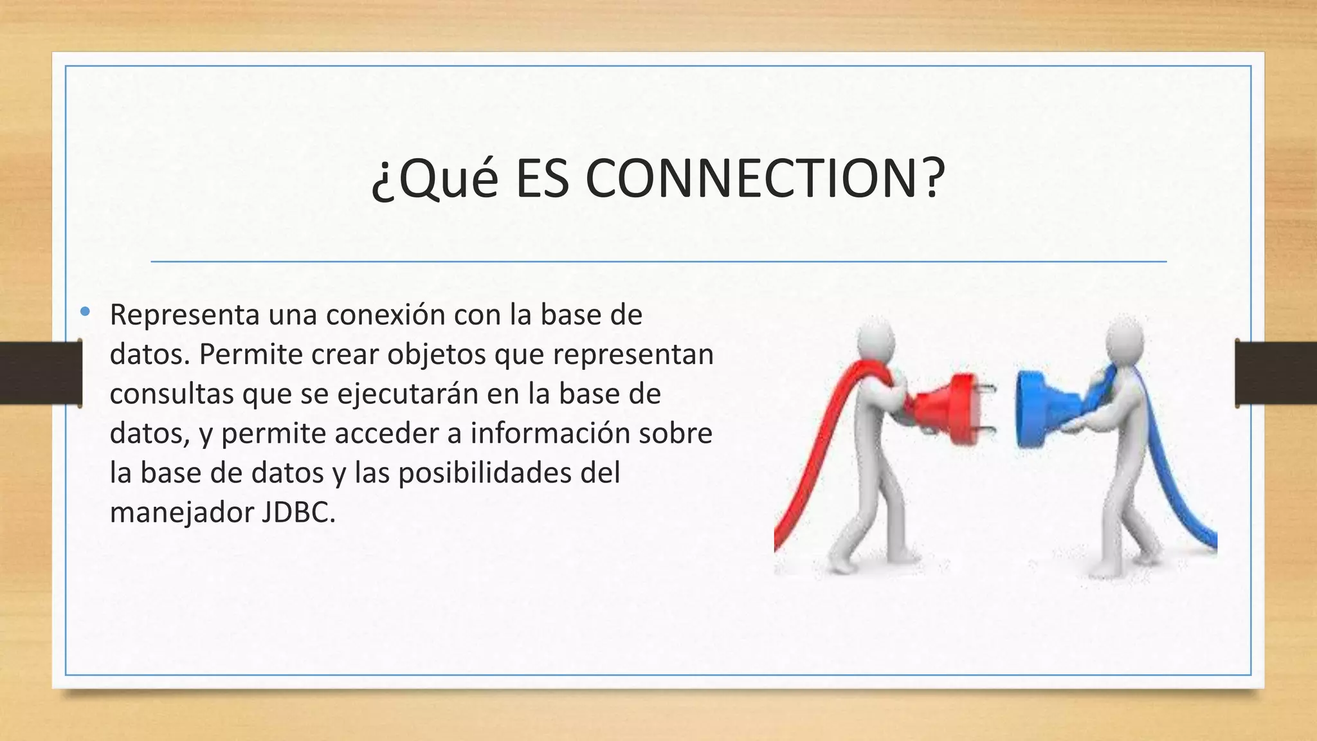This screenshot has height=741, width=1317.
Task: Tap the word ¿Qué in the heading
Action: click(435, 178)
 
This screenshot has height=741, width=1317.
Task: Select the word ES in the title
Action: click(541, 178)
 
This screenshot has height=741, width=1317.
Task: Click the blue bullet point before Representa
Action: click(85, 313)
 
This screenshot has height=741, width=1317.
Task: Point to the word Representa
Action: click(185, 315)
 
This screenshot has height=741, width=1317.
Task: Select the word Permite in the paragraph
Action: click(250, 354)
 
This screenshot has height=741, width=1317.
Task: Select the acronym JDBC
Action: click(298, 513)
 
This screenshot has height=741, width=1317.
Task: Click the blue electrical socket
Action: click(1039, 409)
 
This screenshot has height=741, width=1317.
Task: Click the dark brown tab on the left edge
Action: click(41, 373)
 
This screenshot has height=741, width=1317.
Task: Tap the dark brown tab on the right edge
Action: click(1276, 373)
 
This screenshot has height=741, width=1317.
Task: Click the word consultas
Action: click(171, 394)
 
